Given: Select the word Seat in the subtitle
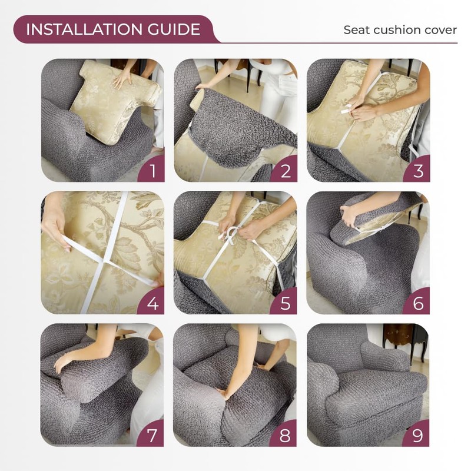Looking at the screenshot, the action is pos(357,30).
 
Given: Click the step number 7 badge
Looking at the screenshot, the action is pos(151,434).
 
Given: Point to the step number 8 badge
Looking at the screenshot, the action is pos(284,434).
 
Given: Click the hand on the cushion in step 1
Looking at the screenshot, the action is pos(122,79).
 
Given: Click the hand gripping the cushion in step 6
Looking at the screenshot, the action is pos(349,215).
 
